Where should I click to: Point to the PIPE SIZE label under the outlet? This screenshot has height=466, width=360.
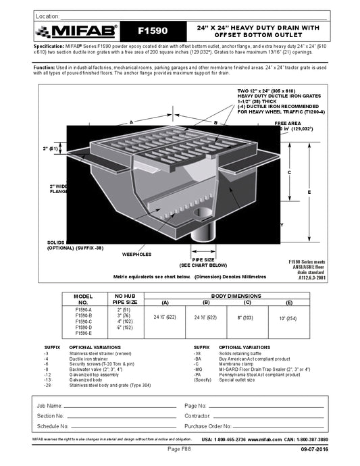[203, 259]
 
